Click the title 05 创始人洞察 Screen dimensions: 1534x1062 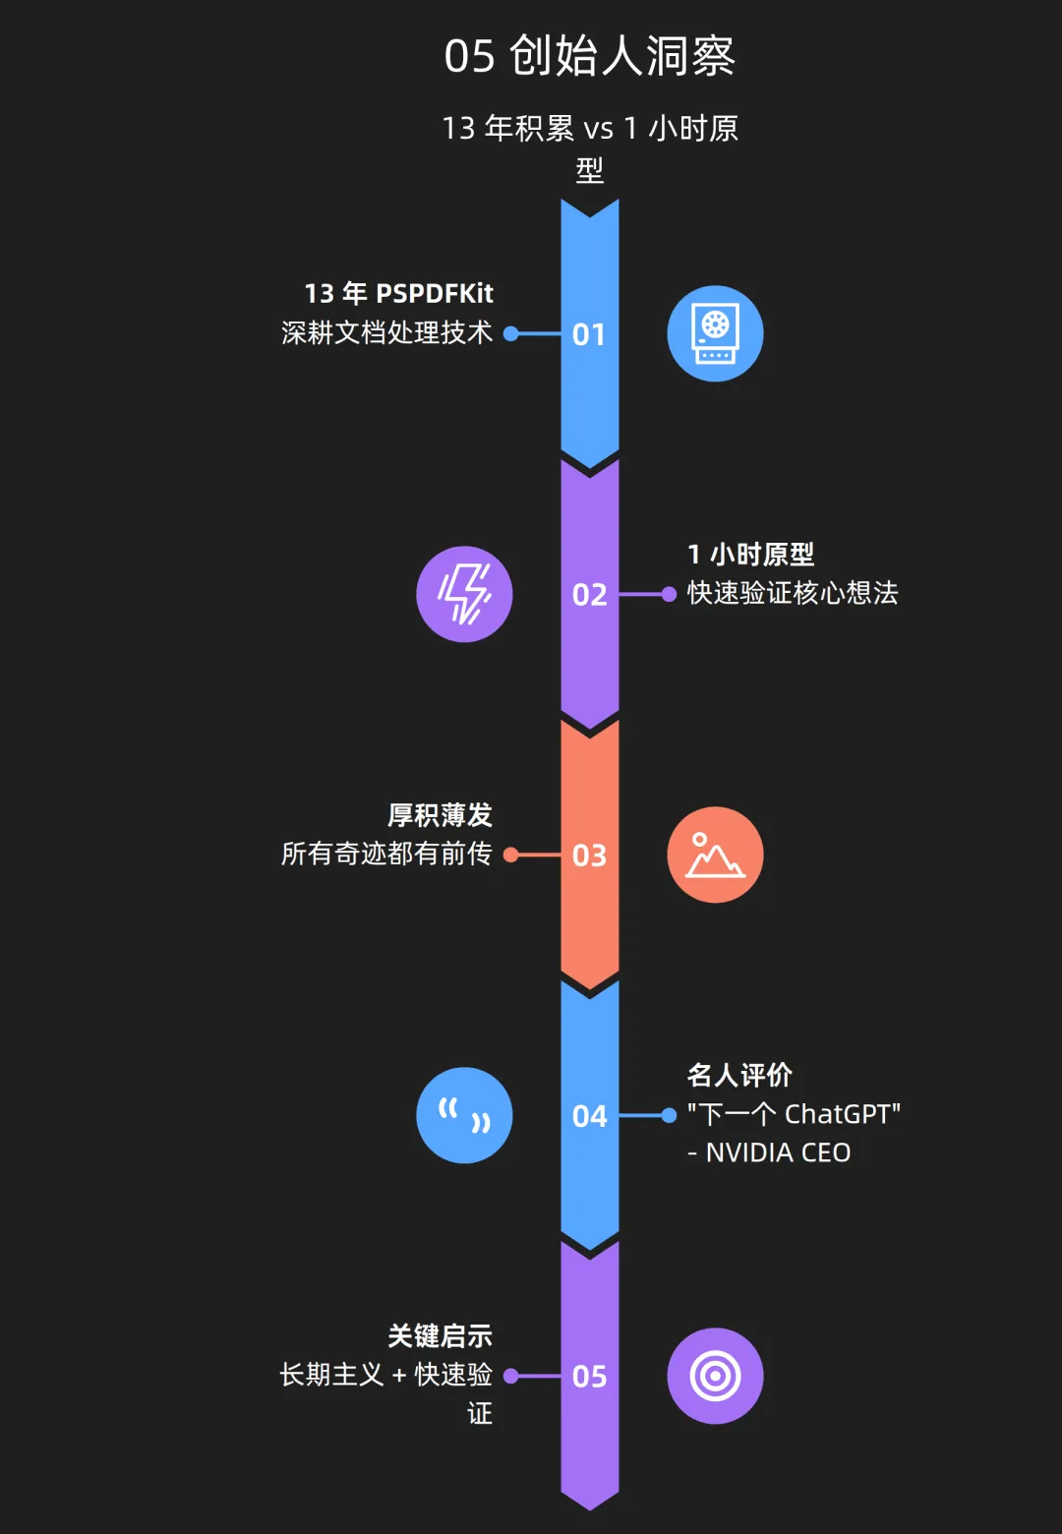[590, 56]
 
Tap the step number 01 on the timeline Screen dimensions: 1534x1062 [589, 334]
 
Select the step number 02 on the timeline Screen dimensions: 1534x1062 [589, 595]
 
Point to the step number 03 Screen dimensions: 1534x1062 [589, 855]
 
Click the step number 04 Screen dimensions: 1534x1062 [589, 1116]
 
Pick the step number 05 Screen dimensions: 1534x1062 [589, 1377]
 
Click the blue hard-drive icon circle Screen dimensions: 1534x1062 [715, 334]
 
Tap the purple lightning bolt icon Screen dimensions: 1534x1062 [464, 595]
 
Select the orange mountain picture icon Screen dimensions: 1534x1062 [715, 855]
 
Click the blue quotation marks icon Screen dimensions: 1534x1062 [464, 1116]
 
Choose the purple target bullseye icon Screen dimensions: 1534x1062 [715, 1377]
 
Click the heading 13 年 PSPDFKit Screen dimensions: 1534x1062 [398, 293]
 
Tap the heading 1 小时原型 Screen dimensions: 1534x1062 [751, 555]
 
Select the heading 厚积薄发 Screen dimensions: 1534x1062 [440, 815]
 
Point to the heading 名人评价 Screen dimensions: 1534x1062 [739, 1075]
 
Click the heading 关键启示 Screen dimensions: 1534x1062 [440, 1335]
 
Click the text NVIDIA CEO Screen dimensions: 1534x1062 [777, 1152]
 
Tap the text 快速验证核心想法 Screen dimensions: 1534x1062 [793, 593]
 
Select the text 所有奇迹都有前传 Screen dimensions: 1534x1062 [386, 854]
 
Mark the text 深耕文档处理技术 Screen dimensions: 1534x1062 [386, 332]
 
